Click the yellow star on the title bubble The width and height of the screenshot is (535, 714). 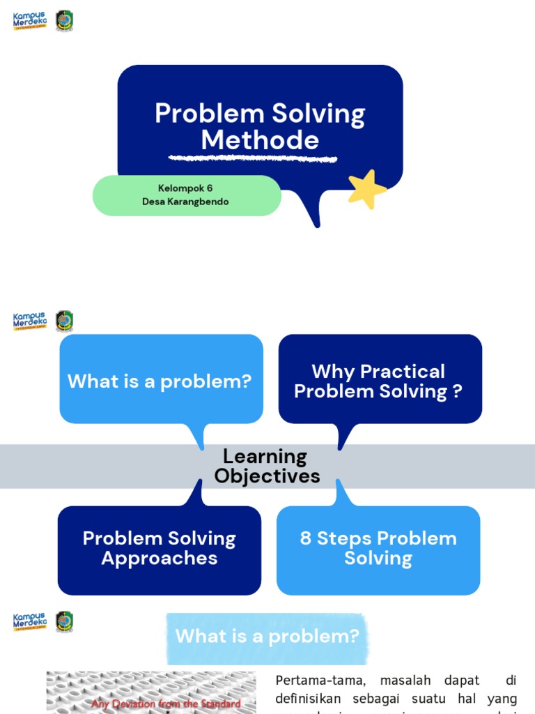click(366, 189)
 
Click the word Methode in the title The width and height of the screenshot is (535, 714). click(260, 140)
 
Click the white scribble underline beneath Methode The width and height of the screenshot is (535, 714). click(254, 158)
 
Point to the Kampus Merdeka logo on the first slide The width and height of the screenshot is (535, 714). click(30, 20)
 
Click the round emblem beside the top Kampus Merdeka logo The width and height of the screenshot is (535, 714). click(64, 20)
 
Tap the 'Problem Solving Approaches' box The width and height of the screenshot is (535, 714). click(160, 549)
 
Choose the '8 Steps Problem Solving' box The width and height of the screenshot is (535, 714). click(378, 549)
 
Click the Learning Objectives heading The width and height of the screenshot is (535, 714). click(267, 466)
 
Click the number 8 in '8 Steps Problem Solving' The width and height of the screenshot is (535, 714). click(305, 539)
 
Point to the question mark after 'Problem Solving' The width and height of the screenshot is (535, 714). click(457, 391)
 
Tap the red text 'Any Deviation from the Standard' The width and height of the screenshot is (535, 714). click(166, 704)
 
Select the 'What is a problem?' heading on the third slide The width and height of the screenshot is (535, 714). click(267, 636)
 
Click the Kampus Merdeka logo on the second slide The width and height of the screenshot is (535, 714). click(30, 321)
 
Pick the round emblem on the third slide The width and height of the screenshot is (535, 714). click(64, 621)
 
